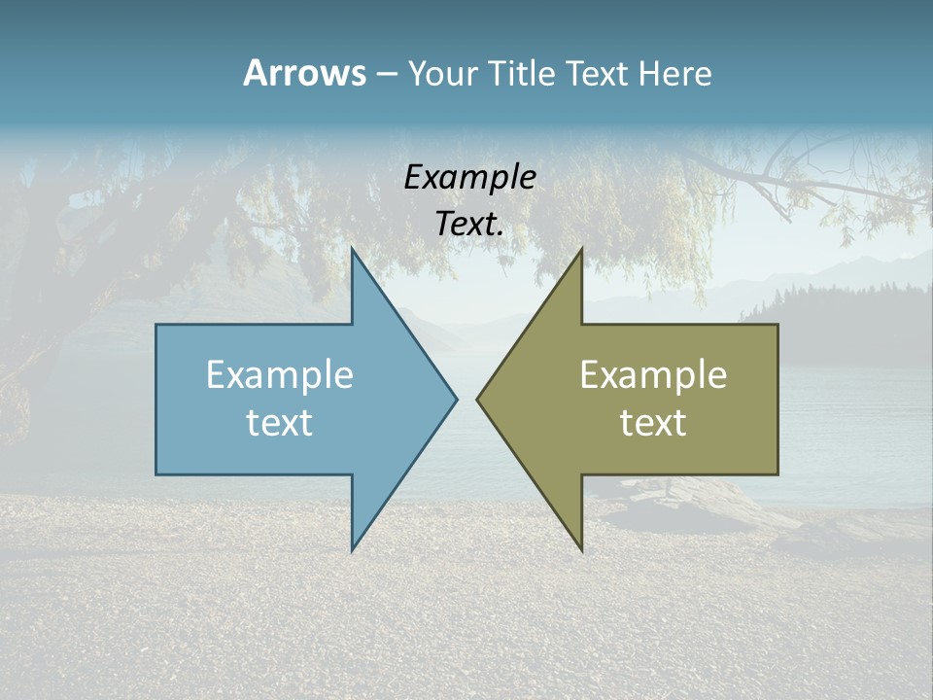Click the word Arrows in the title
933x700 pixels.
(304, 73)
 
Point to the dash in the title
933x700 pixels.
(386, 74)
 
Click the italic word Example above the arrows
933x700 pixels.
(469, 178)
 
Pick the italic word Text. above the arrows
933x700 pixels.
(469, 225)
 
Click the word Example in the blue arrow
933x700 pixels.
(280, 375)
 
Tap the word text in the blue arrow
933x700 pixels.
(280, 423)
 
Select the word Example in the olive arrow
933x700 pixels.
(653, 375)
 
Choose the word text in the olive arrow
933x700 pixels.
(653, 423)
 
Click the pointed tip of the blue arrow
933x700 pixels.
(456, 399)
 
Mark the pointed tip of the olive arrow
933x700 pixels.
(477, 399)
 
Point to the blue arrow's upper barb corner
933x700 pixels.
(353, 250)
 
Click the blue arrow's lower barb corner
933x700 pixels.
(353, 549)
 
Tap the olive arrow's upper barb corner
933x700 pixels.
(581, 250)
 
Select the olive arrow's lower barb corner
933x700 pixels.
(581, 549)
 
